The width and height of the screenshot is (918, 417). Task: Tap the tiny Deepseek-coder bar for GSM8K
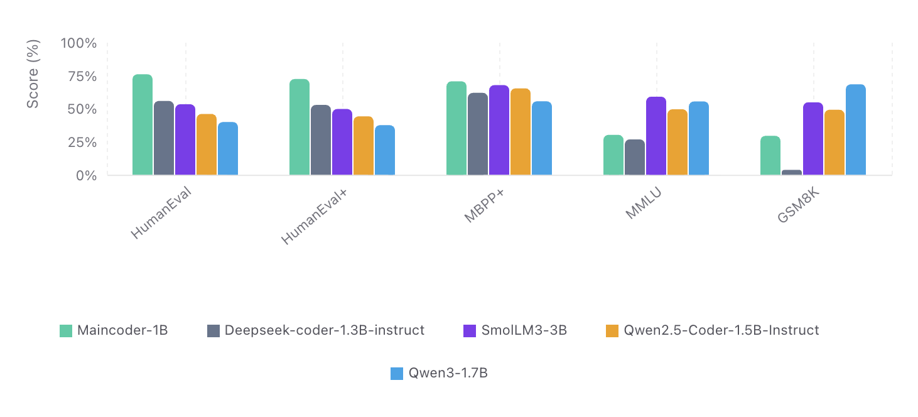click(x=791, y=172)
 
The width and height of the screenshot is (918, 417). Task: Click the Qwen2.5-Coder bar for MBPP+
click(x=520, y=132)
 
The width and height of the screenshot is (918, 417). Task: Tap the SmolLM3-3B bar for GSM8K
click(x=813, y=138)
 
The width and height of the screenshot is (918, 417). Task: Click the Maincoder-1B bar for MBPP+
click(x=456, y=128)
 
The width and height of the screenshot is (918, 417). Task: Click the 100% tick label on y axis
click(x=78, y=43)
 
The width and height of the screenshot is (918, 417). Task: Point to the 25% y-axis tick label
click(x=82, y=143)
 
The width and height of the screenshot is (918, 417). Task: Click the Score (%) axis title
click(x=33, y=73)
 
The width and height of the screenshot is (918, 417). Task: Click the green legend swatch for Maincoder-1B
click(x=66, y=330)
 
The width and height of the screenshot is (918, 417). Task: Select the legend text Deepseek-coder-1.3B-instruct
click(x=324, y=330)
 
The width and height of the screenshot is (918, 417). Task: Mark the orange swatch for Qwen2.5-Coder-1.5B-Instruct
click(x=612, y=330)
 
